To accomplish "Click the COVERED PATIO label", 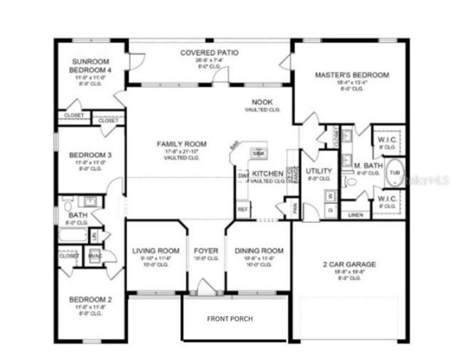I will point(209,53).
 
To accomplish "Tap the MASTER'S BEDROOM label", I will point(351,75).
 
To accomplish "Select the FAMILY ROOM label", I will point(181,144).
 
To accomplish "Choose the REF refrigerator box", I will point(242,209).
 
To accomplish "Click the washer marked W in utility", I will point(330,195).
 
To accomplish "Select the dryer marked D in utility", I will point(330,209).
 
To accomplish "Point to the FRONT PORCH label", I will point(230,319).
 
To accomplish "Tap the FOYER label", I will point(206,251).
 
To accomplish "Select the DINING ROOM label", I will point(259,251).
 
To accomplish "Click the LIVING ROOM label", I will point(156,251).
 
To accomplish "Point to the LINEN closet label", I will point(356,215).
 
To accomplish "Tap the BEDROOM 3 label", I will point(90,155).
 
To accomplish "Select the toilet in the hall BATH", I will point(67,205).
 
